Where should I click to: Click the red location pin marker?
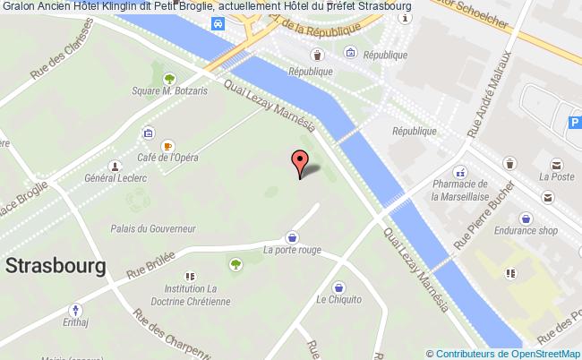click(x=299, y=163)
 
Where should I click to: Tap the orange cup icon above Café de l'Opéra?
click(x=167, y=145)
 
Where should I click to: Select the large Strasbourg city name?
click(x=56, y=266)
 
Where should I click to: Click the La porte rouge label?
click(x=292, y=252)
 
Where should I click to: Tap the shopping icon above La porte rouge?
click(x=292, y=237)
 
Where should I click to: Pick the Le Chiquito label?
click(x=338, y=302)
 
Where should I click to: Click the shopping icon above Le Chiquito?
click(x=338, y=287)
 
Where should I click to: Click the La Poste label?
click(x=555, y=178)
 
